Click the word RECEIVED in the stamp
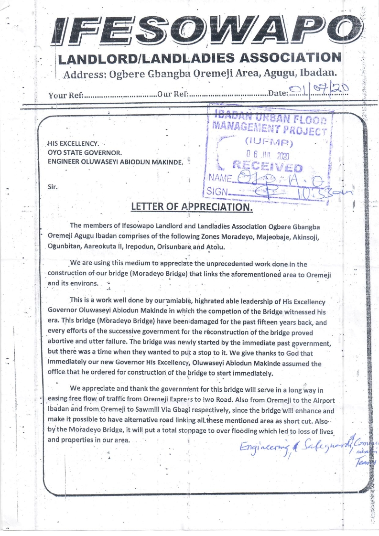tap(267, 168)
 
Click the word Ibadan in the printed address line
tap(320, 74)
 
